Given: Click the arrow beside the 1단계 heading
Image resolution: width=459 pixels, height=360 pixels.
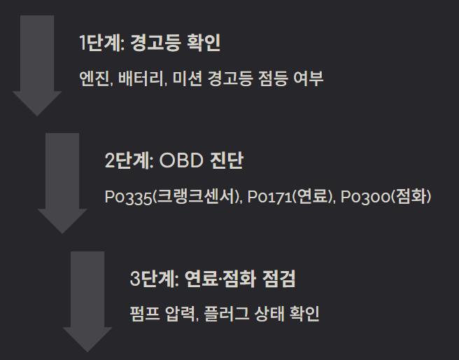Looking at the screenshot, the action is [37, 63].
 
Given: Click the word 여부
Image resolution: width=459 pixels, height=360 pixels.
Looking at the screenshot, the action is [308, 78].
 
